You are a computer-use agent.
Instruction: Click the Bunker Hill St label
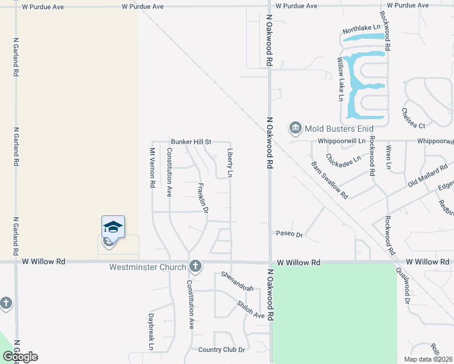click(x=191, y=142)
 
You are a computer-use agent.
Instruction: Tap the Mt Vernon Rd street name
click(x=152, y=167)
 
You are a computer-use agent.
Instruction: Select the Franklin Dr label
click(x=203, y=198)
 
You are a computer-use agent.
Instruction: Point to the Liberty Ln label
click(x=230, y=163)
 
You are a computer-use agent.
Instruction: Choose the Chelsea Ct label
click(x=413, y=118)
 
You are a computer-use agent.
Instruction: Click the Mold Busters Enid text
click(x=339, y=129)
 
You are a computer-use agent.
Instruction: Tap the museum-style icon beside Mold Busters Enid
click(x=296, y=128)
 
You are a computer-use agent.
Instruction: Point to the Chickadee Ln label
click(x=343, y=158)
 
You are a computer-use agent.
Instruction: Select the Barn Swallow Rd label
click(x=330, y=180)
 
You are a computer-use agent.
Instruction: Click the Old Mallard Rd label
click(x=427, y=175)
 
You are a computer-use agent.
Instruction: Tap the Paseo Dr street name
click(x=289, y=234)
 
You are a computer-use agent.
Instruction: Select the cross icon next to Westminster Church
click(x=195, y=266)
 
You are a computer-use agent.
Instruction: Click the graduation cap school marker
click(x=113, y=227)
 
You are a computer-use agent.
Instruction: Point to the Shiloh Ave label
click(x=251, y=311)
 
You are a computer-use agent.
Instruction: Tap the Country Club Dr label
click(x=221, y=350)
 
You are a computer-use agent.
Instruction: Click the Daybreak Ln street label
click(x=151, y=332)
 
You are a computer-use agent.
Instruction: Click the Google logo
click(x=20, y=357)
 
